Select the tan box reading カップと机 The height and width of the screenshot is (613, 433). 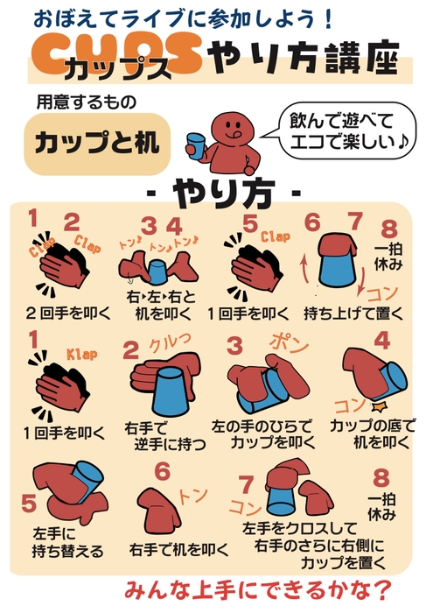(x=96, y=143)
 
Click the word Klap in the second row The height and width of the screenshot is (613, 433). (x=81, y=355)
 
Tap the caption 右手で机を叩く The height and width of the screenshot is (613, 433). (x=178, y=550)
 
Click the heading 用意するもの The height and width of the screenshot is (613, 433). (x=86, y=102)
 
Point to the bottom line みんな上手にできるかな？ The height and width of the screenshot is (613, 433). (x=258, y=587)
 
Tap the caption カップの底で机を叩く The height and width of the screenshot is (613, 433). (x=368, y=435)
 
